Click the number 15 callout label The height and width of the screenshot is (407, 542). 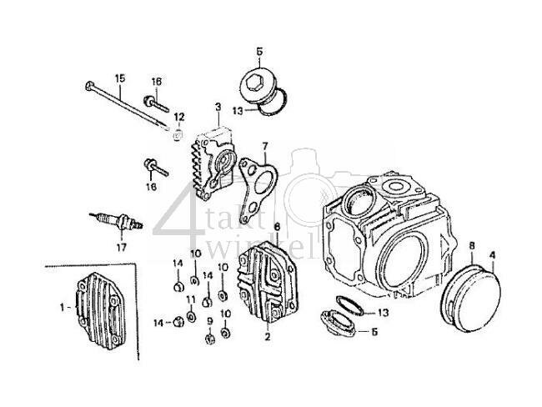pos(119,78)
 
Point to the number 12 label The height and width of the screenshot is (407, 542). pos(178,117)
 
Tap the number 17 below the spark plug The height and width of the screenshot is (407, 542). pos(120,247)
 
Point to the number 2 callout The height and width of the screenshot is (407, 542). pos(268,338)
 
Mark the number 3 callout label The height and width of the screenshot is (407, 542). pos(217,107)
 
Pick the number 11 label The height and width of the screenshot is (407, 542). pos(191,299)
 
